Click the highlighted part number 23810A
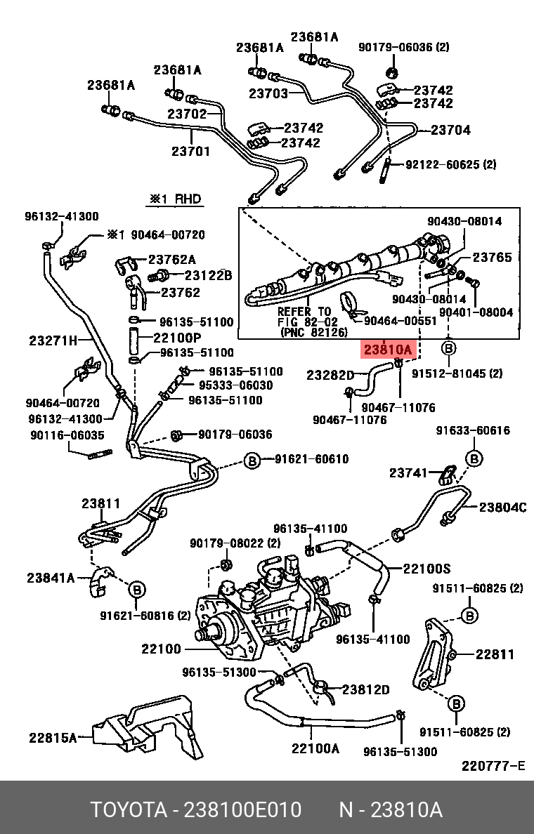click(386, 349)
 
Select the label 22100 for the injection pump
click(162, 649)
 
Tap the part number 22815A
click(53, 737)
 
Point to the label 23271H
click(53, 341)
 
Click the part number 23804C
click(502, 507)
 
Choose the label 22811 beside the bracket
click(495, 654)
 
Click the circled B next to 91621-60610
click(252, 460)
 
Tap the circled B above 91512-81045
click(448, 348)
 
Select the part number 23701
click(190, 151)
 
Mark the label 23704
click(450, 130)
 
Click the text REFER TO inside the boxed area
click(304, 311)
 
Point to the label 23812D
click(365, 689)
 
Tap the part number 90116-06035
click(67, 435)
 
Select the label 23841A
click(51, 578)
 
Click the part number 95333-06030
click(235, 385)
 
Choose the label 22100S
click(426, 568)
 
